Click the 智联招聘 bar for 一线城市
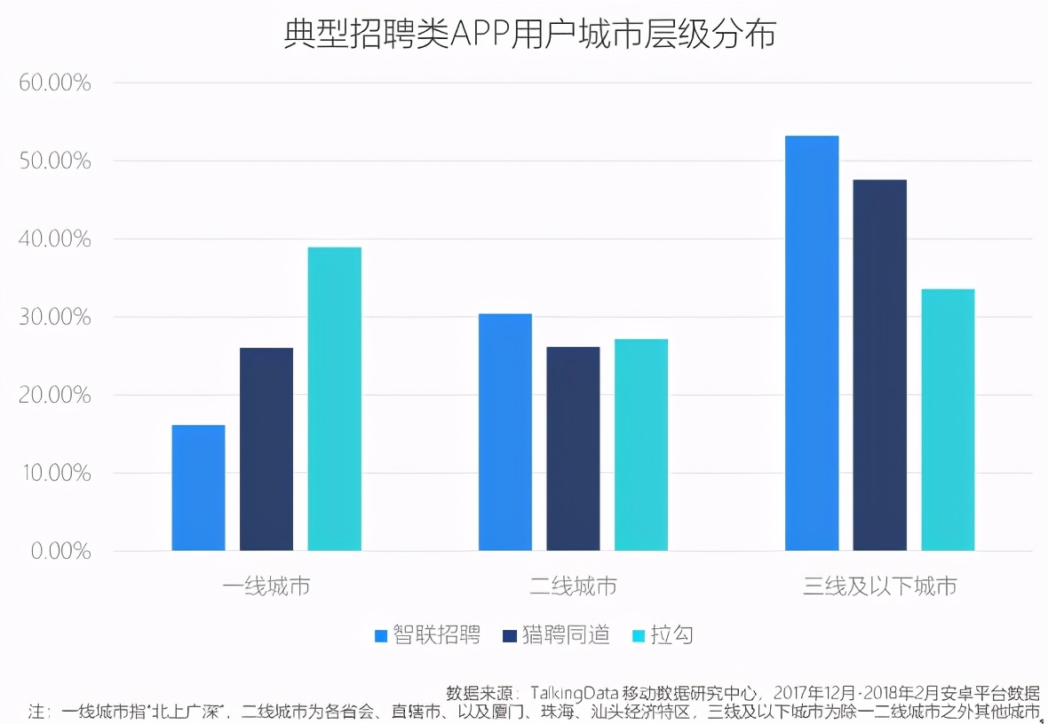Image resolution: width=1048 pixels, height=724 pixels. click(198, 488)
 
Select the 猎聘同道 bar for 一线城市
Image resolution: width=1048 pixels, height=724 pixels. click(266, 449)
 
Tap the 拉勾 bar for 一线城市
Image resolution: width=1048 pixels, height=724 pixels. click(334, 399)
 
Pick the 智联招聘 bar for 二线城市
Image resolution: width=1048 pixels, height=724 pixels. click(504, 432)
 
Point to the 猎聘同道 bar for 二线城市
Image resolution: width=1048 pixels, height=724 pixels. click(573, 449)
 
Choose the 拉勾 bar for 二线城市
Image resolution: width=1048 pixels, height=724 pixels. click(640, 445)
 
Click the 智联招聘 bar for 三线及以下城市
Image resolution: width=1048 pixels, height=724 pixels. click(812, 343)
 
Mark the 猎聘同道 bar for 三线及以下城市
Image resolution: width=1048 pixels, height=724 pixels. click(879, 366)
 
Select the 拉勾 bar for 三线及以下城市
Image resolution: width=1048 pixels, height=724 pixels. click(948, 420)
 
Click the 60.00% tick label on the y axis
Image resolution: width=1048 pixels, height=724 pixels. click(55, 83)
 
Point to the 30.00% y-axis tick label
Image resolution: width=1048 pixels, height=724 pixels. click(55, 318)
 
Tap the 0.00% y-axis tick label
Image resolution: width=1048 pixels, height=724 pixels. click(60, 552)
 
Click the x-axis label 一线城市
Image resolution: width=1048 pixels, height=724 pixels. click(266, 586)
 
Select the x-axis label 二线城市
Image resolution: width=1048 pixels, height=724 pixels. click(573, 586)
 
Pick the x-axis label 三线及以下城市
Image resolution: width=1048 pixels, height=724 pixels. click(879, 586)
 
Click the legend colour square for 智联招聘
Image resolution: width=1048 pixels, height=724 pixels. click(381, 635)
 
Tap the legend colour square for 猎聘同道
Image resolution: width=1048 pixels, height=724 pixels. click(508, 635)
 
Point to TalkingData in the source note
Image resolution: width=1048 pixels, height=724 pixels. click(581, 692)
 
